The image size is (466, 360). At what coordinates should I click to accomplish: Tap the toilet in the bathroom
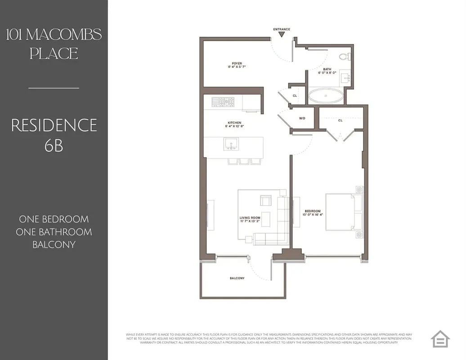[345, 57]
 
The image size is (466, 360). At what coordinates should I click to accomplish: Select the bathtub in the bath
[326, 95]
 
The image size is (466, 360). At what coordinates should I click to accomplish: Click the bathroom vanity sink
[346, 78]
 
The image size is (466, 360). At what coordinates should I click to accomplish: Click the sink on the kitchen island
[231, 144]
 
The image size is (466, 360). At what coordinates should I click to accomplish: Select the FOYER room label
[237, 63]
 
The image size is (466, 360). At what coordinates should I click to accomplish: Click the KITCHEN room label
[234, 123]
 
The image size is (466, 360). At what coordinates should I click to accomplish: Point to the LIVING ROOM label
[250, 218]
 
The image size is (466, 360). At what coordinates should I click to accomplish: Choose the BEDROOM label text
[313, 211]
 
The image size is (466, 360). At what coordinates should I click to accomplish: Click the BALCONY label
[237, 278]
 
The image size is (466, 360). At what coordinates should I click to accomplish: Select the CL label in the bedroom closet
[341, 120]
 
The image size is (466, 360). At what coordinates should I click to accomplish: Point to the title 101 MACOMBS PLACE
[54, 44]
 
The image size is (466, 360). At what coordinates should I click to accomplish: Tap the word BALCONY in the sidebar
[54, 245]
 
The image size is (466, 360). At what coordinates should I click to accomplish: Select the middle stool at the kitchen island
[244, 161]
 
